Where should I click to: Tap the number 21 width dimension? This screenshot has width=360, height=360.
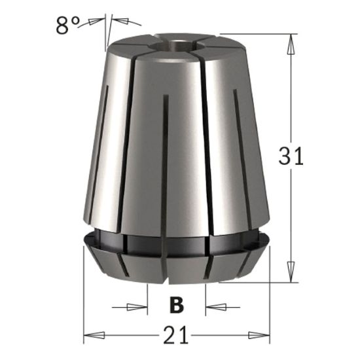[176, 336]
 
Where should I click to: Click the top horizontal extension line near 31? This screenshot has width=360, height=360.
[255, 33]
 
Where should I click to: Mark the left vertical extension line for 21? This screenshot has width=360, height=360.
[84, 295]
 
